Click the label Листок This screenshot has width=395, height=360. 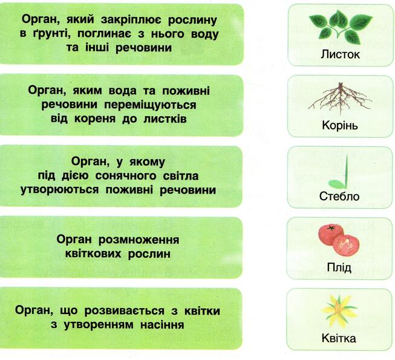click(x=340, y=54)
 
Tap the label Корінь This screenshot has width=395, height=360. click(x=340, y=125)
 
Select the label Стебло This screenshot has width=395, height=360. click(x=339, y=196)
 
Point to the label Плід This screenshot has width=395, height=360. click(x=339, y=267)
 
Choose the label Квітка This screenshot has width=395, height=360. click(x=339, y=338)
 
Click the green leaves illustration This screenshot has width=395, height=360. click(x=341, y=27)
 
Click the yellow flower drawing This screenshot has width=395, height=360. click(x=339, y=312)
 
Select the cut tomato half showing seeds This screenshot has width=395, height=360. click(x=346, y=246)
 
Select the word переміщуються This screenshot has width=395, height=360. click(x=150, y=105)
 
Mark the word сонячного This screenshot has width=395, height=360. click(x=126, y=176)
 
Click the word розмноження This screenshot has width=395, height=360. click(x=139, y=240)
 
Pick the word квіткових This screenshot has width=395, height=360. click(x=93, y=254)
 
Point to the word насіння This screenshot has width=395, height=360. click(x=162, y=325)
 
